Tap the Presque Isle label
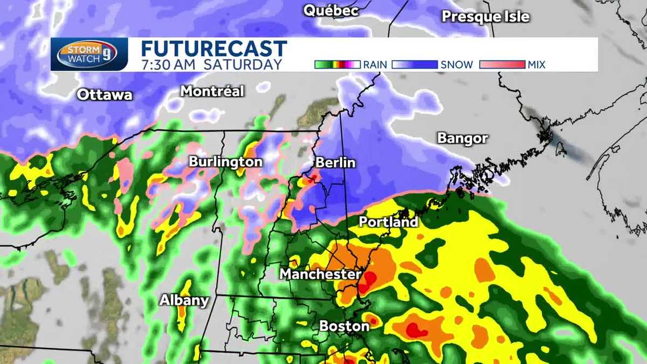click(485, 17)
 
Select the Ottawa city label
click(105, 95)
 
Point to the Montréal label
click(212, 91)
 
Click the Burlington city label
click(225, 162)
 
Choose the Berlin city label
click(335, 162)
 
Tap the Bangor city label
click(463, 139)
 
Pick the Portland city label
click(388, 222)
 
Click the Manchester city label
click(320, 274)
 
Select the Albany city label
click(184, 301)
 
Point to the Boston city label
click(344, 326)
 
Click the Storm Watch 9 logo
click(90, 54)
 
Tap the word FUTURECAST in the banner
click(214, 49)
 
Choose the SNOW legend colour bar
click(415, 65)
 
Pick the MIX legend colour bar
click(502, 65)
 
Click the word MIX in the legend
click(537, 65)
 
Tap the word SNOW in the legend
click(456, 65)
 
